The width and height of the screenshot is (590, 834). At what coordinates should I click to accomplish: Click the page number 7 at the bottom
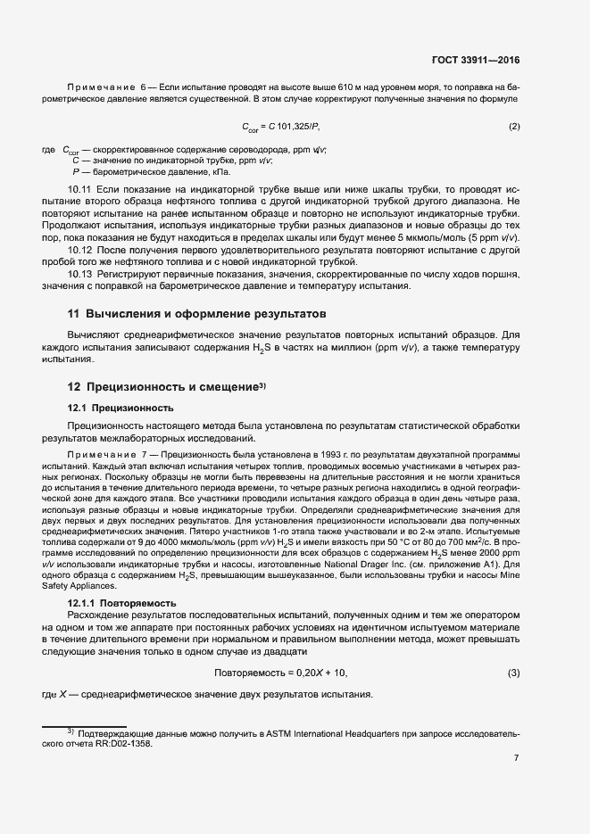coord(516,758)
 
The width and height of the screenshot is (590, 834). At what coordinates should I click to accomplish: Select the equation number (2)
coord(514,126)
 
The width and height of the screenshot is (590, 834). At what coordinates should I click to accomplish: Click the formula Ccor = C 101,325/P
coord(279,127)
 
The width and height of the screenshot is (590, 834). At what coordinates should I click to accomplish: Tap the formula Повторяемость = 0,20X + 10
coord(280,672)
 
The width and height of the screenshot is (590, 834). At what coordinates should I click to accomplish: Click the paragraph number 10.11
coord(80,191)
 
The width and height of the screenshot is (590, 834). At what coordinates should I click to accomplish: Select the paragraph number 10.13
coord(80,274)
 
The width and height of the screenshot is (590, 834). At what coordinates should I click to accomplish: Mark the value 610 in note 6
coord(348,86)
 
